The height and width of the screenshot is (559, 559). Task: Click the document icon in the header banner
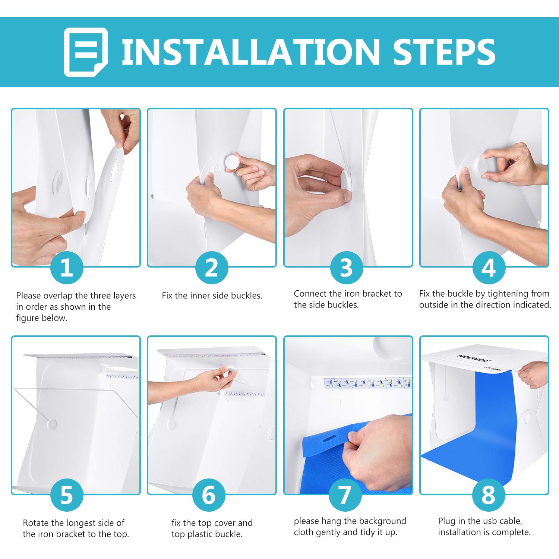(86, 52)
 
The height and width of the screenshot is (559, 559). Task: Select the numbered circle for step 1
(67, 268)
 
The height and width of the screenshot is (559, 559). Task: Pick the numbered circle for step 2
(212, 268)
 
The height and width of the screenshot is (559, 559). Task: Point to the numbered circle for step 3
(347, 268)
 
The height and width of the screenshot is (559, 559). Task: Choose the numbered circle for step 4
(489, 268)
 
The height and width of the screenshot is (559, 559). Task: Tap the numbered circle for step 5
(67, 495)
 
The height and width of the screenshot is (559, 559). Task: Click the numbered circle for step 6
(209, 495)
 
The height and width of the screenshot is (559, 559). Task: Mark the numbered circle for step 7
(345, 495)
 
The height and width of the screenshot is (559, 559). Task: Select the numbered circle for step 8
(489, 495)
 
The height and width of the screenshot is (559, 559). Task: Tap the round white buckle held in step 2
(233, 162)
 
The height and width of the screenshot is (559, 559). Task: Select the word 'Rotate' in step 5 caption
(35, 523)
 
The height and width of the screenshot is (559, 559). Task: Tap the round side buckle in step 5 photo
(51, 424)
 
